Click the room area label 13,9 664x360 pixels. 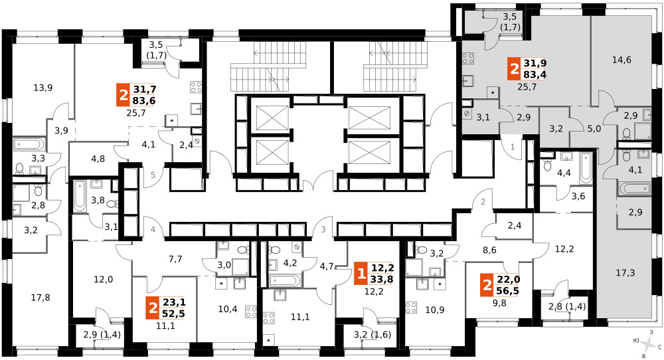(x=42, y=88)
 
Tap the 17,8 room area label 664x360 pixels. (x=41, y=298)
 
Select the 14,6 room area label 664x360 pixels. (x=622, y=60)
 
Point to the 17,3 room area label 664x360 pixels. (x=625, y=273)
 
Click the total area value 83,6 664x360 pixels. (x=144, y=100)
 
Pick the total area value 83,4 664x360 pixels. (x=535, y=75)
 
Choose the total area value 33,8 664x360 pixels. (x=382, y=279)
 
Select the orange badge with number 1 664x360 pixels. (x=361, y=274)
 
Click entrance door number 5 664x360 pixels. (x=153, y=175)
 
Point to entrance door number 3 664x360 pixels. (x=323, y=230)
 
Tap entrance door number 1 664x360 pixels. (x=513, y=147)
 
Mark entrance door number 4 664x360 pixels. (x=153, y=230)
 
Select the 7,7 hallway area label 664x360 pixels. (x=175, y=259)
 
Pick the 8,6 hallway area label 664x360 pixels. (x=489, y=250)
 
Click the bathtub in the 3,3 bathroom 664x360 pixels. (x=28, y=144)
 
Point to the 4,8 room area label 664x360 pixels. (x=98, y=159)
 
